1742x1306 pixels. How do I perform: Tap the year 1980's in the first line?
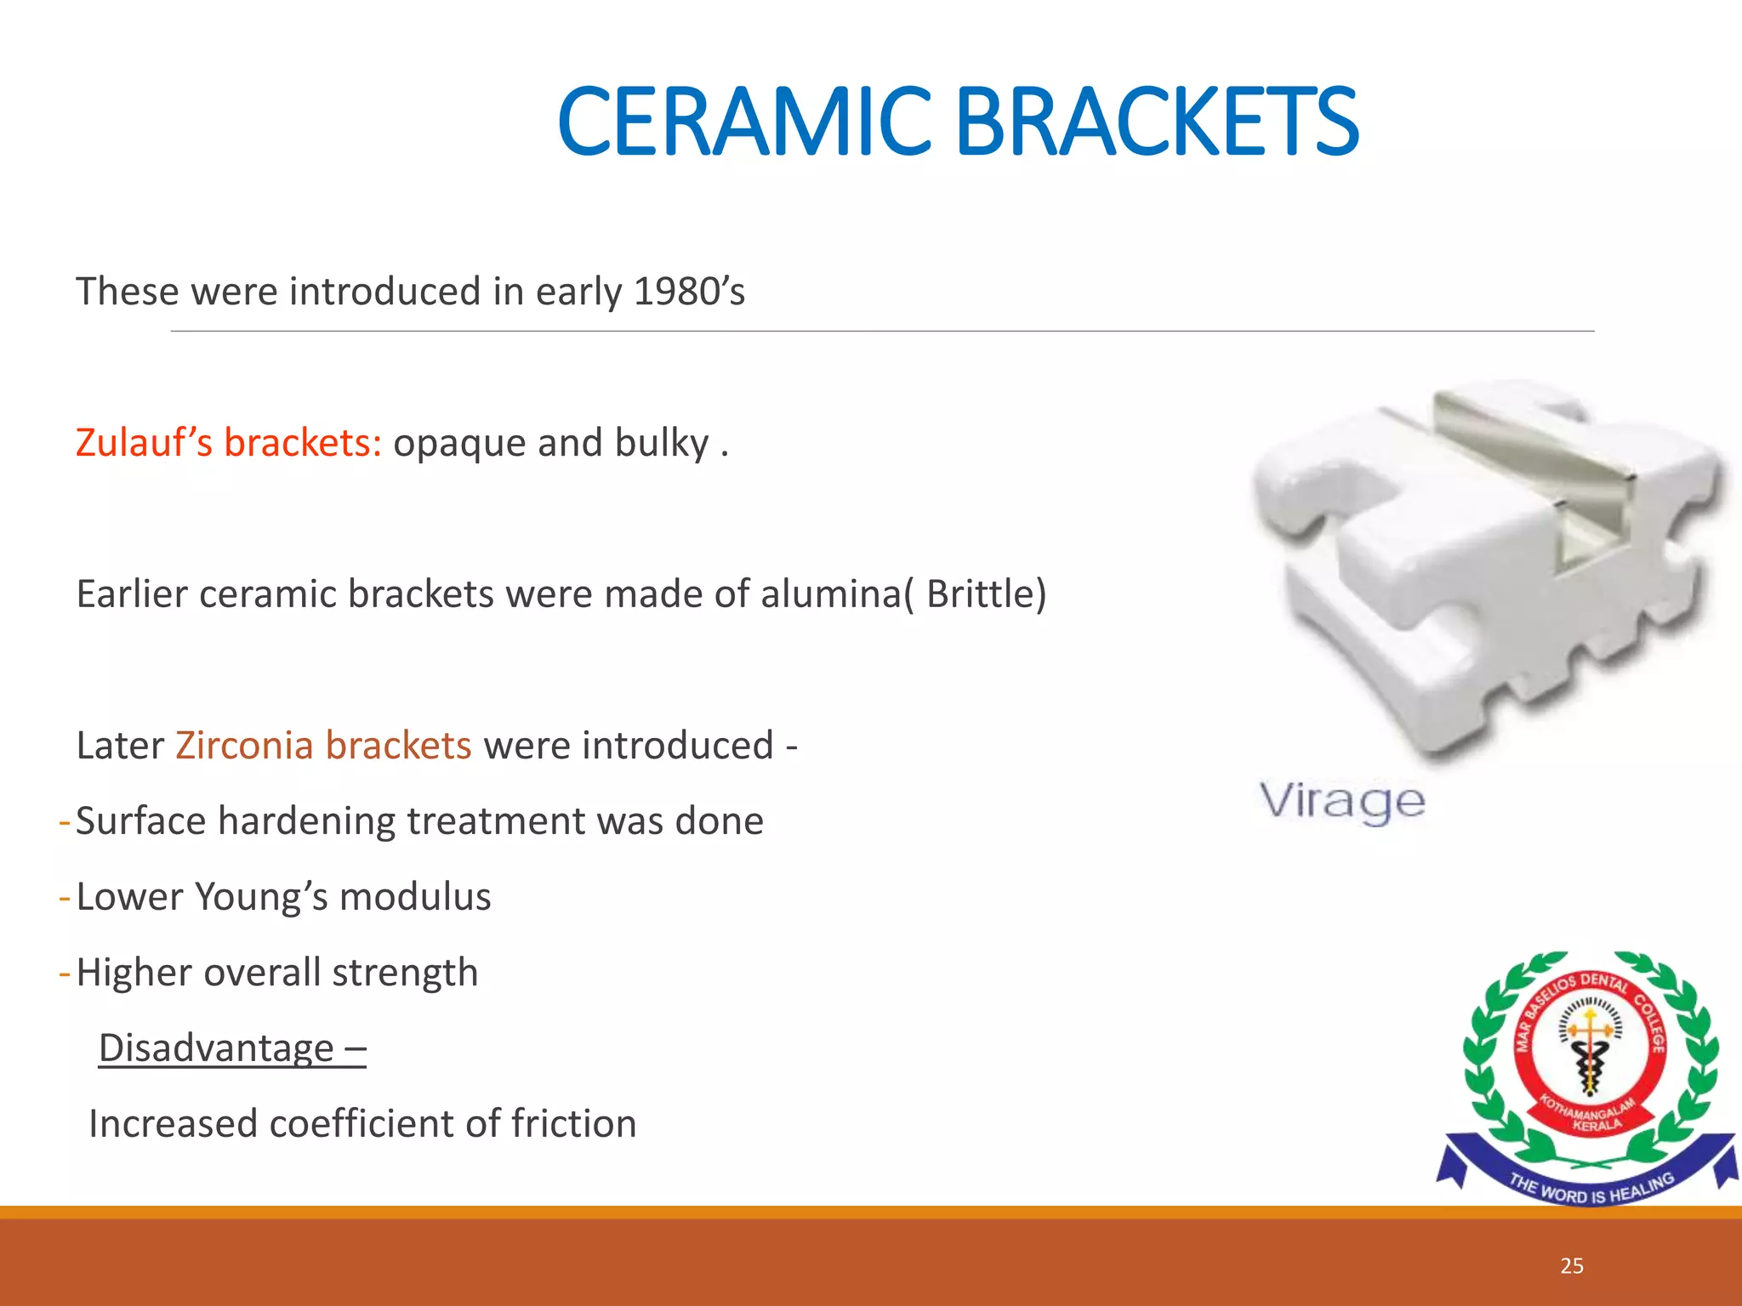689,292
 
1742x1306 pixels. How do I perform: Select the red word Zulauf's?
144,443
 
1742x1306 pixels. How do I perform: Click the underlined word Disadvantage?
217,1048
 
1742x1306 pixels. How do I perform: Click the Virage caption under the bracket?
1341,801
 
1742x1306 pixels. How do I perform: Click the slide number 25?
1572,1266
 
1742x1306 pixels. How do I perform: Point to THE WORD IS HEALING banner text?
1591,1190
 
